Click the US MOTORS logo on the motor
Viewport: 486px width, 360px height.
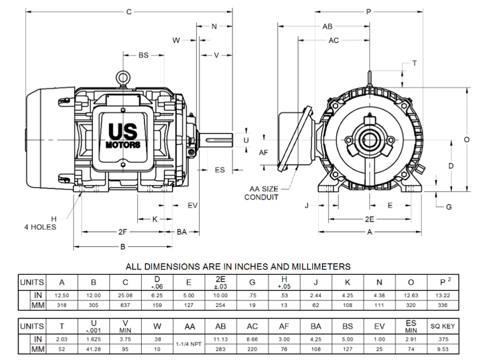tap(123, 137)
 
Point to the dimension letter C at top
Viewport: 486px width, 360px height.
tap(129, 12)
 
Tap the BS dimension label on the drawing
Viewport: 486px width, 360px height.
tap(143, 55)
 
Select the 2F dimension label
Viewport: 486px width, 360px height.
tap(123, 232)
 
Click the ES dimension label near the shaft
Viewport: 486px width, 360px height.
tap(220, 170)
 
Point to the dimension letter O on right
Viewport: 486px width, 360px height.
tap(467, 140)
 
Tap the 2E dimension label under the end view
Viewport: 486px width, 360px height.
tap(369, 219)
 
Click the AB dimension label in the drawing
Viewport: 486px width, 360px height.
tap(327, 26)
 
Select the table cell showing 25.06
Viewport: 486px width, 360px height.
tap(125, 295)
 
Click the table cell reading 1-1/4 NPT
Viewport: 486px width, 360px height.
tap(189, 344)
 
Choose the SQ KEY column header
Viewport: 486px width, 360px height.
tap(443, 326)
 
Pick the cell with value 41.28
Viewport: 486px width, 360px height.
tap(93, 349)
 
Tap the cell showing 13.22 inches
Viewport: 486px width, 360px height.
tap(443, 295)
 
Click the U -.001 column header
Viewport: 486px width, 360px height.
tap(93, 326)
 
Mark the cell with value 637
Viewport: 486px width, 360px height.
tap(125, 305)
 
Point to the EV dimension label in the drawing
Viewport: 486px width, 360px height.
tap(193, 205)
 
